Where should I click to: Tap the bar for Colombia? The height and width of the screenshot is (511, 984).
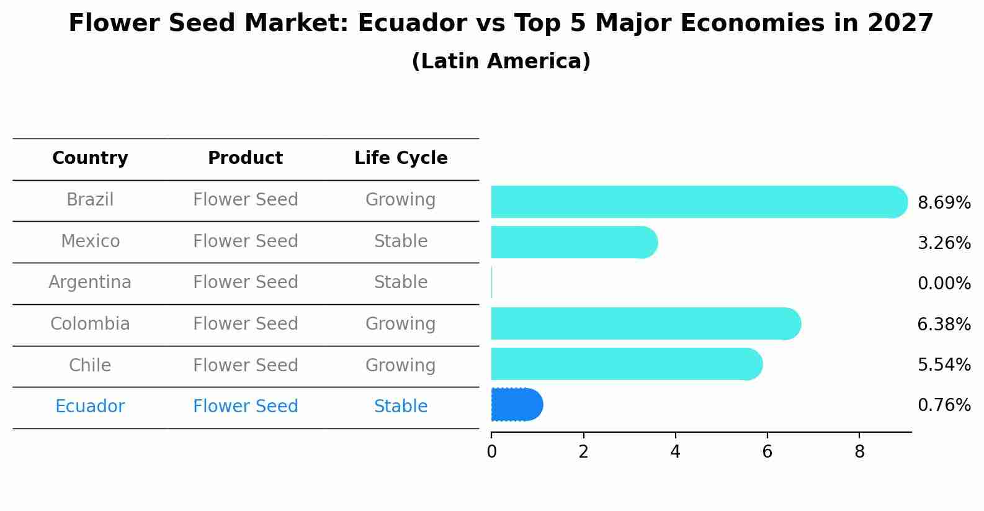click(x=645, y=323)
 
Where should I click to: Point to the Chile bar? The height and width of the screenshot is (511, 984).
click(x=627, y=364)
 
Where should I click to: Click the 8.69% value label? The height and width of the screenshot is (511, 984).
click(x=944, y=203)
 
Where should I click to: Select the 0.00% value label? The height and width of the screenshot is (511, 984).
click(x=944, y=284)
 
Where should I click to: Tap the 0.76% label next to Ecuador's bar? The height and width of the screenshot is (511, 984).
click(x=944, y=405)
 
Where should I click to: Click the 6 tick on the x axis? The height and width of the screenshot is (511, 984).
click(x=767, y=452)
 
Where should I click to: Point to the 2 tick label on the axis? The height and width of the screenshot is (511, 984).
click(x=583, y=452)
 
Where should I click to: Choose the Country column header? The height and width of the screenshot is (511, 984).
click(x=90, y=158)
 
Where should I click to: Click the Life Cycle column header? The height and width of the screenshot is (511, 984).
click(x=401, y=158)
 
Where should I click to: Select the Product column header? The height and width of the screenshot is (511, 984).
click(x=245, y=158)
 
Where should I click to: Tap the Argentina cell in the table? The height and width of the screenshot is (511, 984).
click(x=90, y=283)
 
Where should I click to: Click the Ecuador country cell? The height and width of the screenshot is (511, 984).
click(x=90, y=407)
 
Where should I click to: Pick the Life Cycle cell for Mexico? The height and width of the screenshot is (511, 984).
click(x=401, y=241)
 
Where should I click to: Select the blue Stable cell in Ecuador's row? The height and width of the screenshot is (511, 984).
click(x=401, y=407)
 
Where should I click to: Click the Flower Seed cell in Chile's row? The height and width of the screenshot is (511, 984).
click(x=245, y=365)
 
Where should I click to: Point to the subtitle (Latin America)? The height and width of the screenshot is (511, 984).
click(x=501, y=61)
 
